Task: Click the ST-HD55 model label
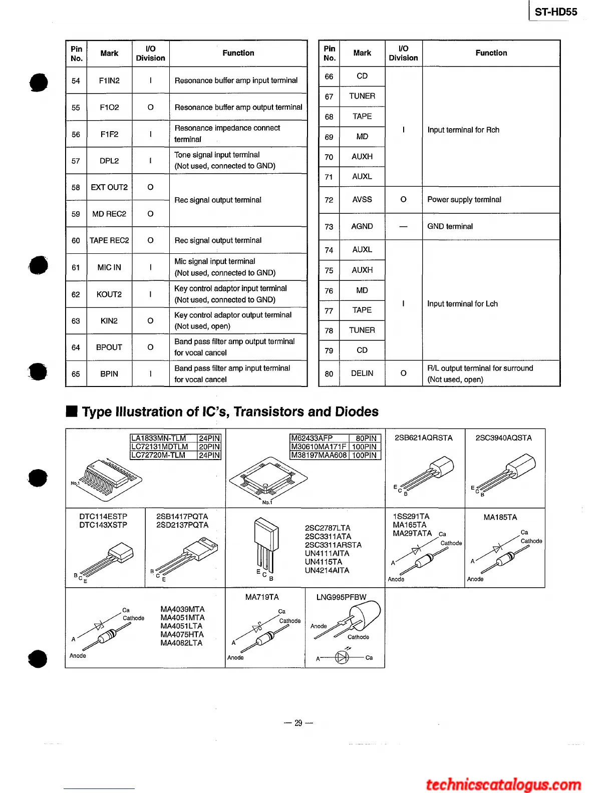point(555,12)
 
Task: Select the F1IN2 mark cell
point(109,81)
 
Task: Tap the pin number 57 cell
point(76,161)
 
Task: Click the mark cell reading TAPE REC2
point(109,240)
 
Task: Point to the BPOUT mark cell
point(109,347)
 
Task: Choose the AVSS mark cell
point(362,199)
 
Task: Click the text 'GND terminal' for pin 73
point(450,226)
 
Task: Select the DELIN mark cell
point(362,373)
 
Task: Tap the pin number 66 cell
point(329,77)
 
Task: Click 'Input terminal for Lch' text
point(462,304)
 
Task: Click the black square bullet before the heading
point(72,412)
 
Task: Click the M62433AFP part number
point(312,438)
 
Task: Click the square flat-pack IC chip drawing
point(268,479)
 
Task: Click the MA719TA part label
point(262,597)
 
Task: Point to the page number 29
point(298,723)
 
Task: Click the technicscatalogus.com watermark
point(503,784)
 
